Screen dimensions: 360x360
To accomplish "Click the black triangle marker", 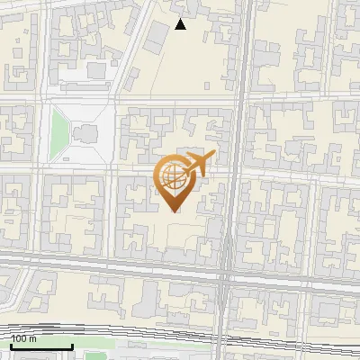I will pos(181,24).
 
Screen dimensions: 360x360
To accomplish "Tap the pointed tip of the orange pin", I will pos(174,211).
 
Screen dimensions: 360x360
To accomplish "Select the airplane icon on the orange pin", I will pos(197,165).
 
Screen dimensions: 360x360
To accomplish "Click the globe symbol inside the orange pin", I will pos(173,175).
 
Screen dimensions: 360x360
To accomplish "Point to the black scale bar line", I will pos(40,346).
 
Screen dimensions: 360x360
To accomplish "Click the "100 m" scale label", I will pos(24,338).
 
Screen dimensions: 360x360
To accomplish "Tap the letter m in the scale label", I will pos(33,338).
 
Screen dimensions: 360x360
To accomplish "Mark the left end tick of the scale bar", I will pos(10,345).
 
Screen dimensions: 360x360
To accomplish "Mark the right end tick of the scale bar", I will pos(71,345).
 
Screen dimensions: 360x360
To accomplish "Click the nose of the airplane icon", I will pos(212,156).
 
